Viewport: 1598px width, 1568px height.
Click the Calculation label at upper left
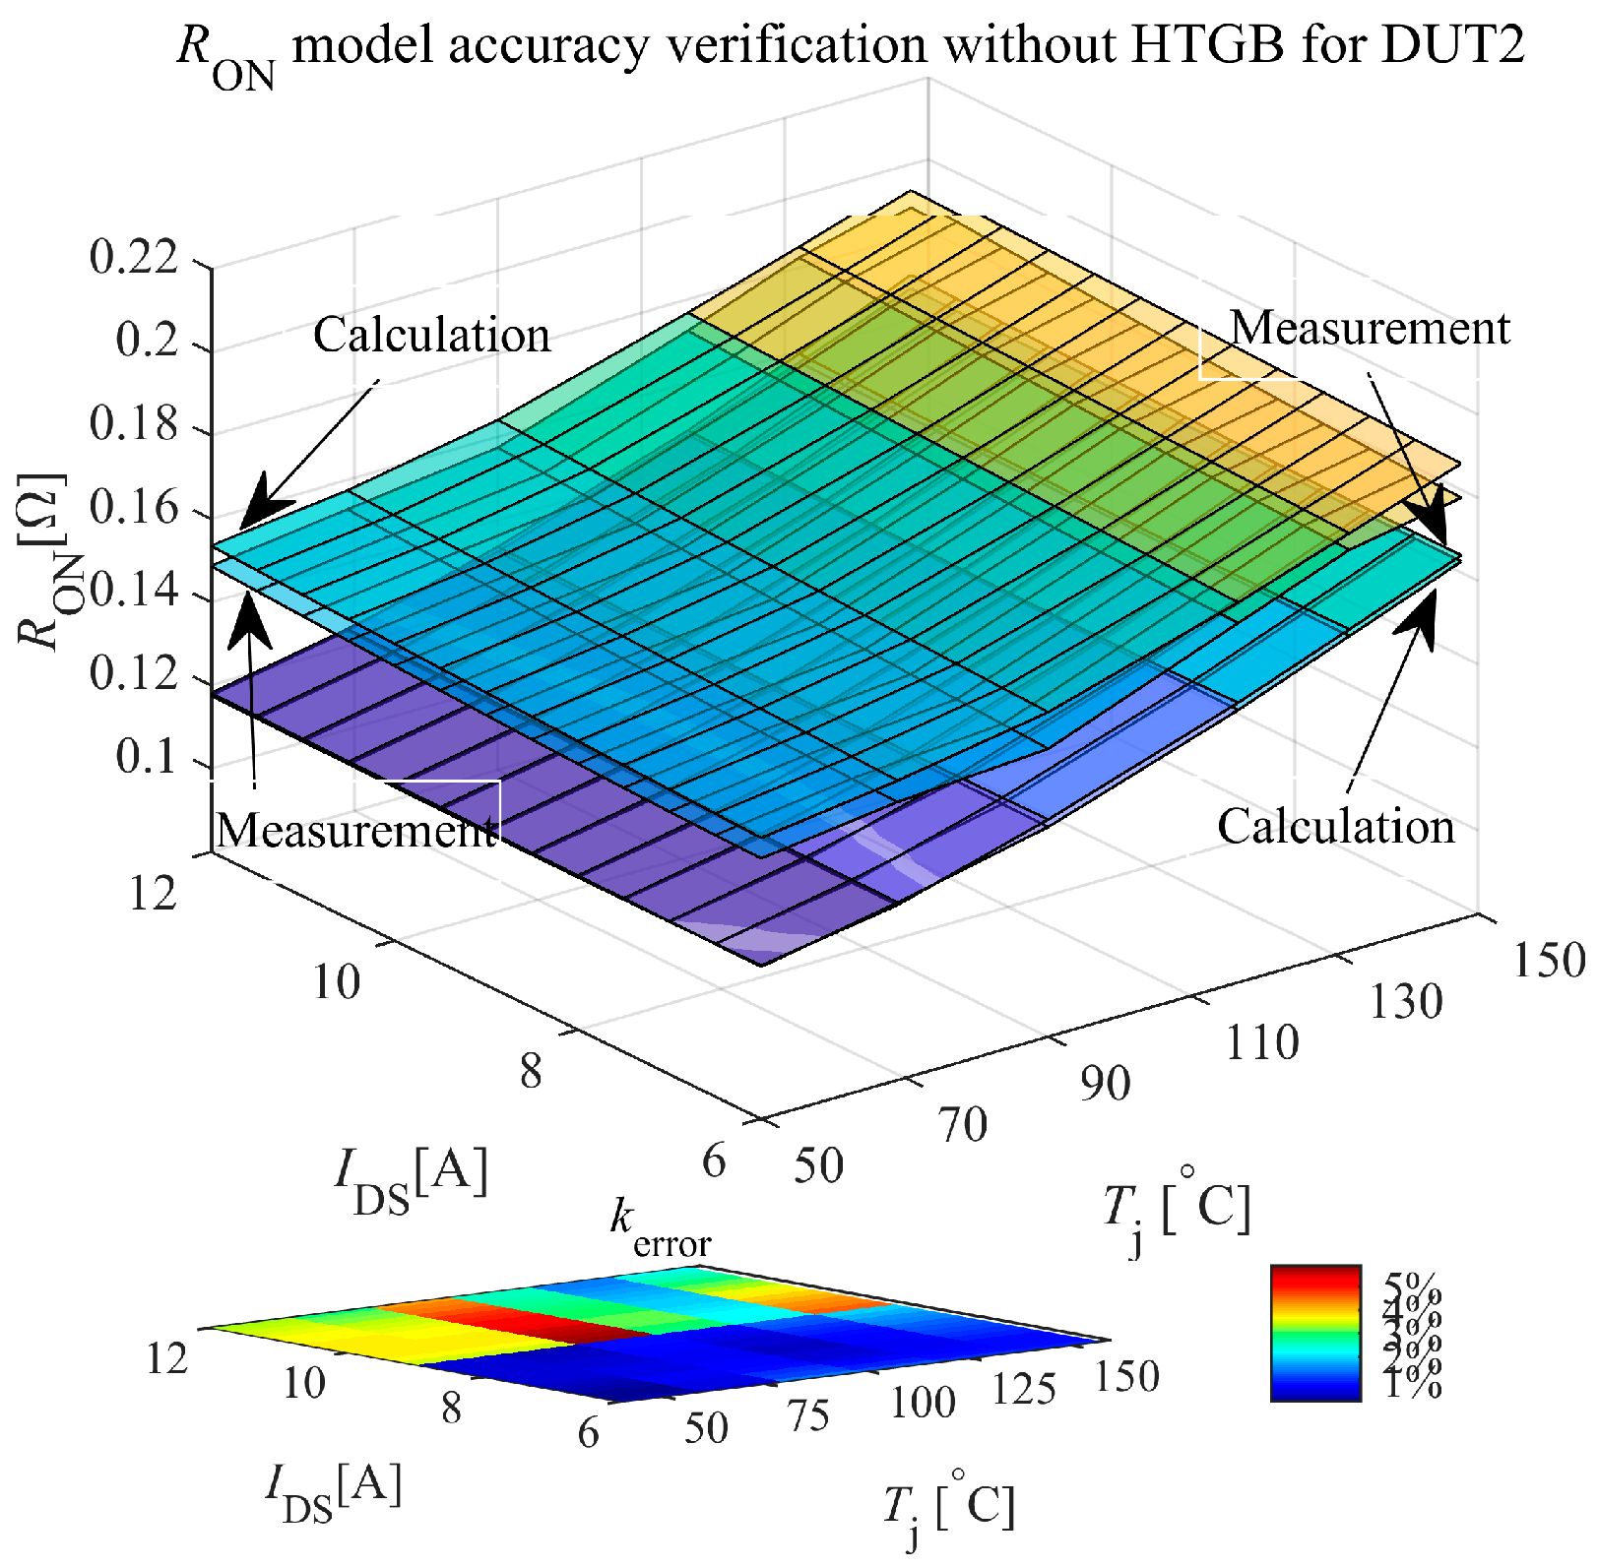[x=431, y=336]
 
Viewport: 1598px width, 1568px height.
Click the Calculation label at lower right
[x=1336, y=827]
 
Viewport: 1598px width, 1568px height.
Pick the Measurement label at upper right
[x=1370, y=328]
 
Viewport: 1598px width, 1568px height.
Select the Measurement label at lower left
[x=355, y=831]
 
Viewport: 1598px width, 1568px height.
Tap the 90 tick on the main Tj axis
[x=1105, y=1084]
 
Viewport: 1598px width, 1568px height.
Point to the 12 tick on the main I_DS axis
[x=154, y=894]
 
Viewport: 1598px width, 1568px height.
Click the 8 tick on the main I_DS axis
[x=531, y=1071]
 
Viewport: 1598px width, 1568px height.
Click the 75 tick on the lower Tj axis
[x=808, y=1415]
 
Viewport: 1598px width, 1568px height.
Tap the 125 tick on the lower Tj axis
[x=1024, y=1390]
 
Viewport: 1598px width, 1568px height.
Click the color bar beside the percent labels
[x=1314, y=1333]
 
